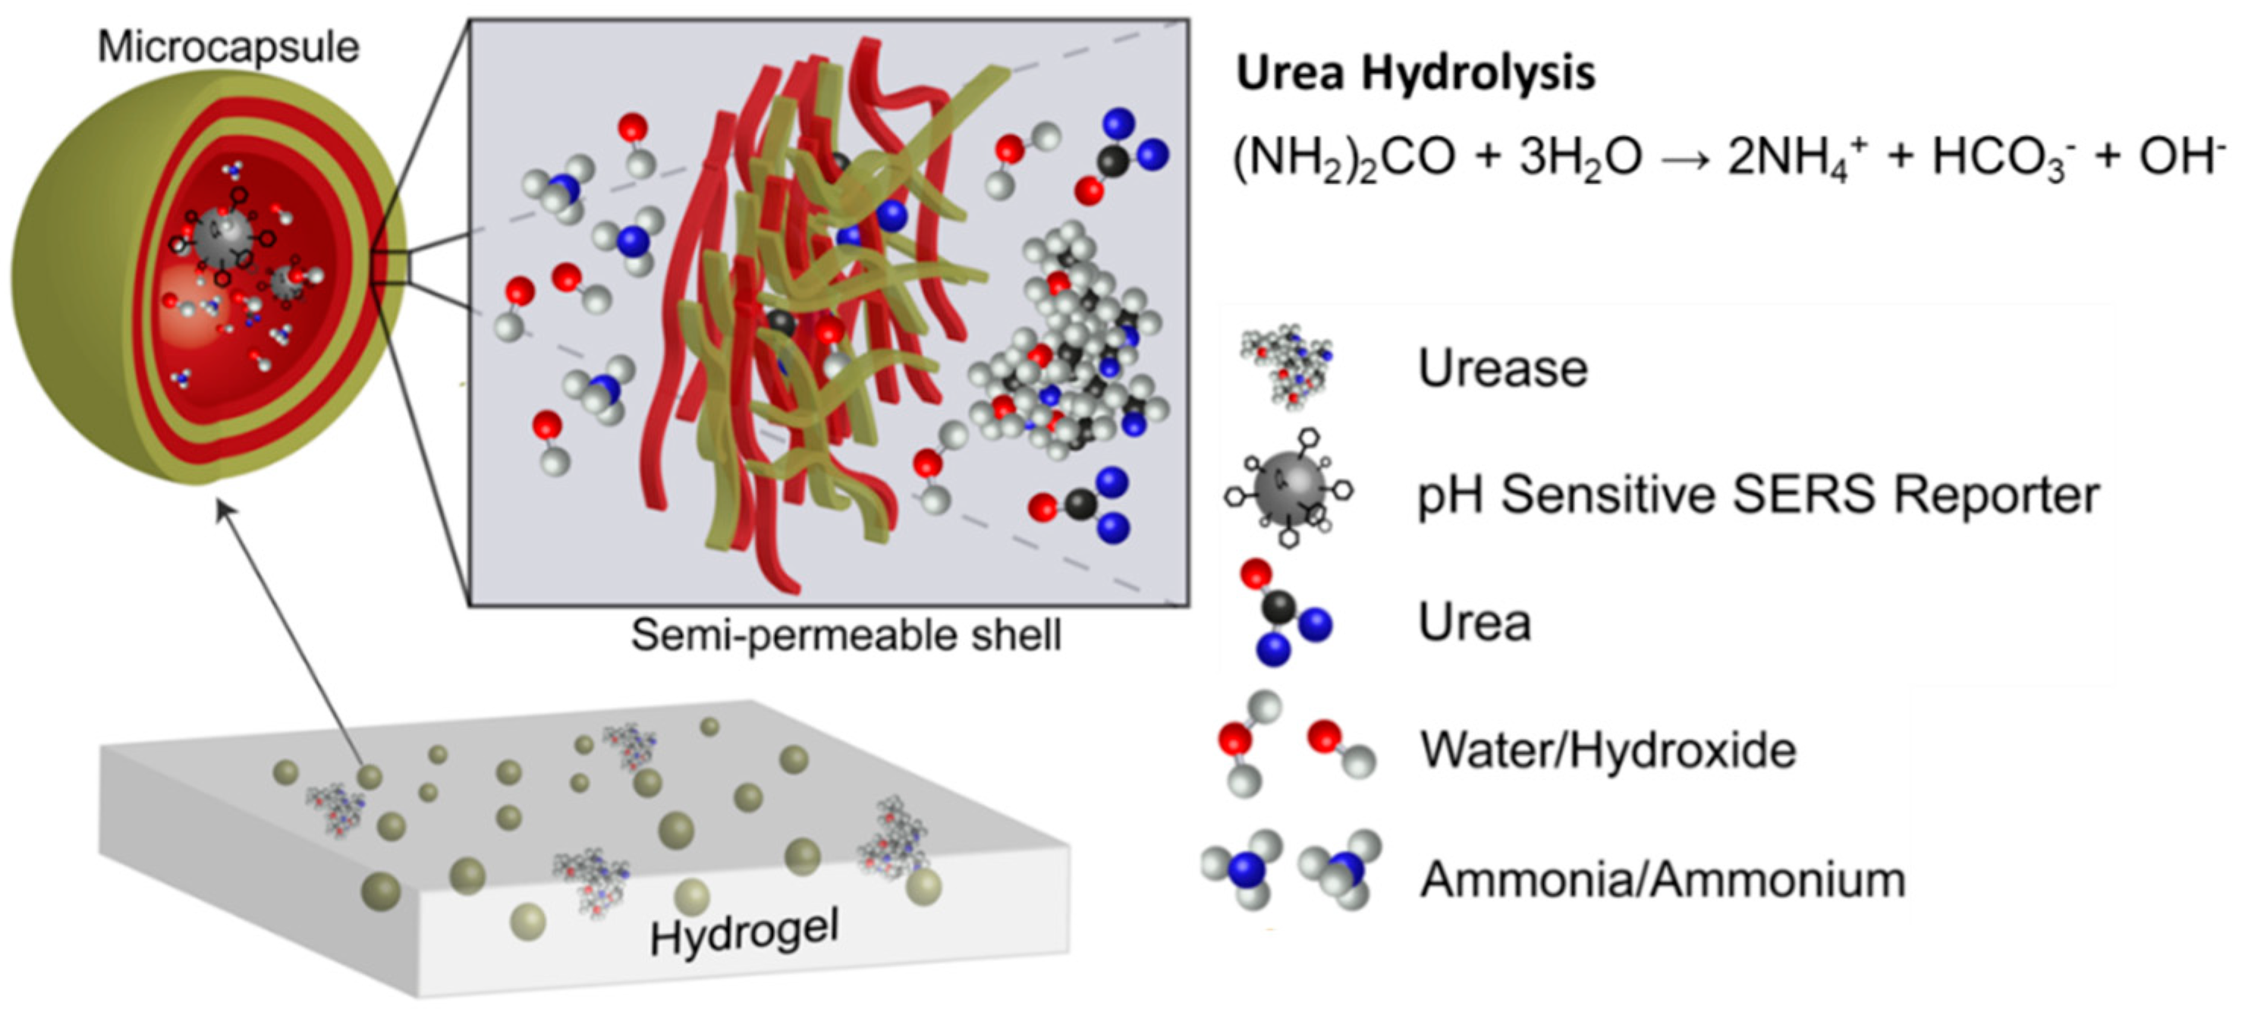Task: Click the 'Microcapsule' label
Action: [x=228, y=47]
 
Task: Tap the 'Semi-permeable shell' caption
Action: [x=846, y=636]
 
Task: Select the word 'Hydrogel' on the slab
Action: [x=745, y=933]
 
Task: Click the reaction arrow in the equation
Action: [x=1686, y=159]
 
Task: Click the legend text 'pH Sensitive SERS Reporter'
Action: [x=1759, y=495]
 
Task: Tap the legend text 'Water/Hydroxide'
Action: [x=1608, y=750]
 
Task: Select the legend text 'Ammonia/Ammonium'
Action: [x=1663, y=879]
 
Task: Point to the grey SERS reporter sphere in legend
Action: [x=1289, y=489]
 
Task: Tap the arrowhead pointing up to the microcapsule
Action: [x=223, y=508]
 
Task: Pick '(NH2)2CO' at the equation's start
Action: [x=1344, y=160]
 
